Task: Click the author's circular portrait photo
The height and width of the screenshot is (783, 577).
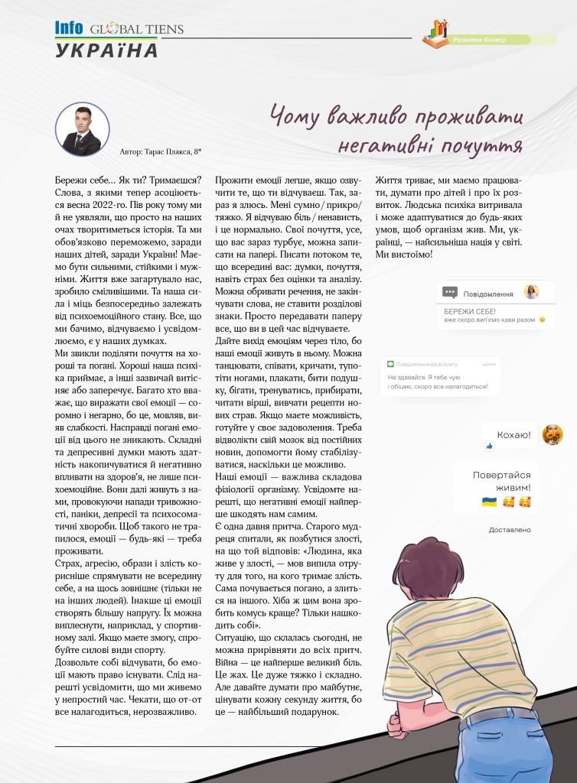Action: (x=82, y=129)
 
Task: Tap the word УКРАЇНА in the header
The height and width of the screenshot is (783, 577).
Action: (x=107, y=51)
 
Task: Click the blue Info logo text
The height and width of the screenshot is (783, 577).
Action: (x=69, y=29)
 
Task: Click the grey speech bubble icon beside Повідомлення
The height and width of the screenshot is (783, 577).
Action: (x=450, y=293)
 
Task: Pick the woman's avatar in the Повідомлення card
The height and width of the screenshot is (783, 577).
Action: (x=531, y=292)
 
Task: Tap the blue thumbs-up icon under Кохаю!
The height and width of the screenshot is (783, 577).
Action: (x=490, y=445)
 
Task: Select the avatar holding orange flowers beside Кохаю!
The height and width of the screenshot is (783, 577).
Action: (x=552, y=434)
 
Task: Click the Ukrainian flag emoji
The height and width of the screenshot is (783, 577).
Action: (x=489, y=502)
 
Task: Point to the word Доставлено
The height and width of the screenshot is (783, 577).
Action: (x=510, y=529)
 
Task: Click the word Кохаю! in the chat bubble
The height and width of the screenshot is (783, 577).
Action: (x=513, y=435)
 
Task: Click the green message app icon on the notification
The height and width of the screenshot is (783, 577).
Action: (x=390, y=364)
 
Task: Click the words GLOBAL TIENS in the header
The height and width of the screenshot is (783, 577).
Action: (x=136, y=30)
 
